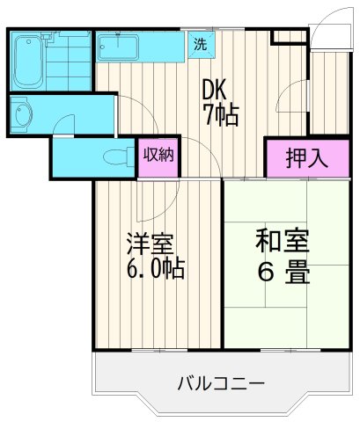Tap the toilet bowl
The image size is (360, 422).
tap(114, 156)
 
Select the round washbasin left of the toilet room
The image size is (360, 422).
tap(22, 113)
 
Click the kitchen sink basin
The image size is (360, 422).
tap(119, 46)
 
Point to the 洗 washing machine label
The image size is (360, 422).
tap(200, 44)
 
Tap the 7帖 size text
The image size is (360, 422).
tap(220, 115)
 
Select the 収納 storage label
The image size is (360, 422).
tap(158, 156)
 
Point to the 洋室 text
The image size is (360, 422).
tap(148, 243)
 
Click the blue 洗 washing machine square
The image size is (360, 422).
tap(200, 44)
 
